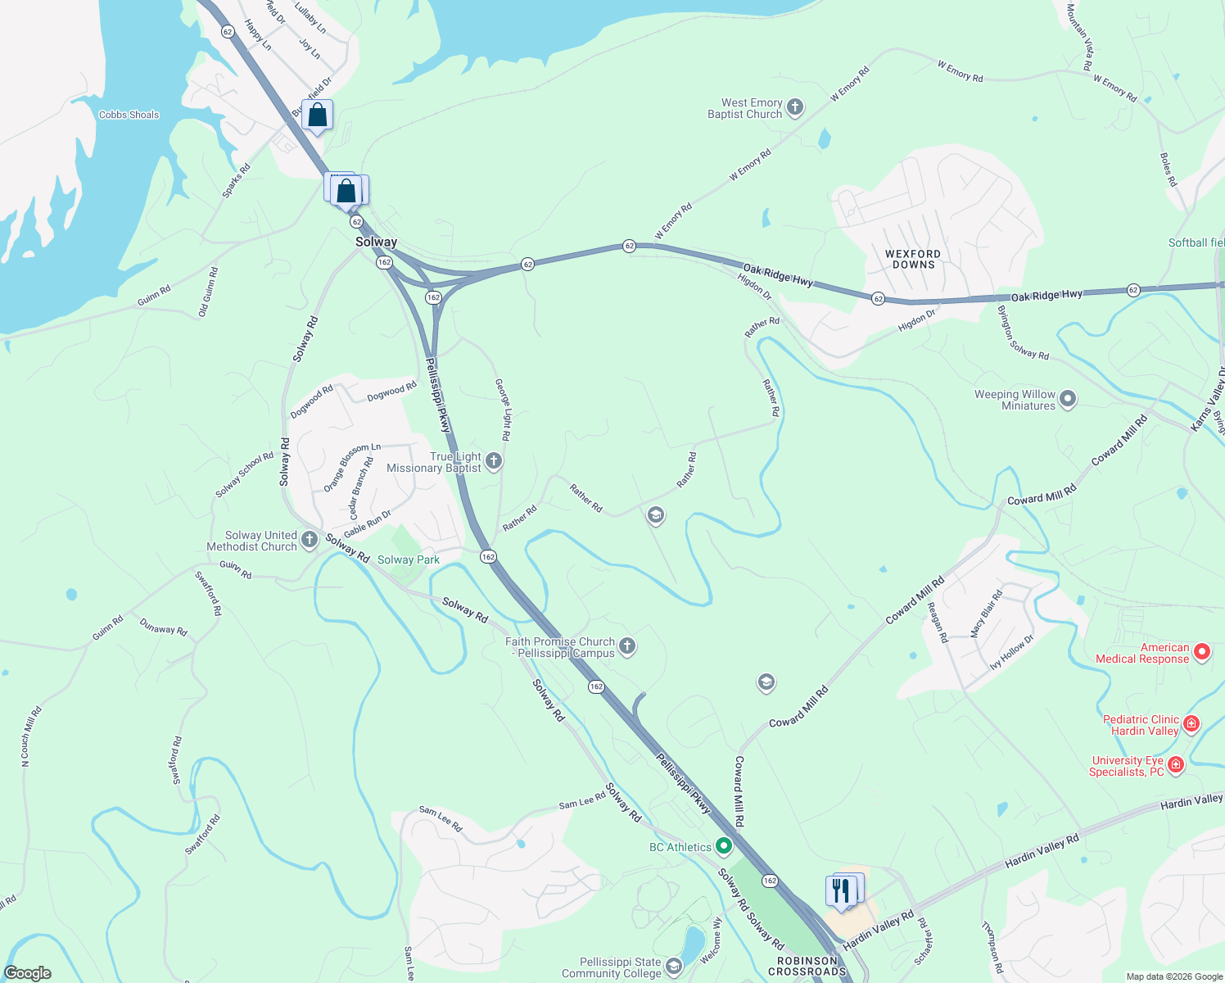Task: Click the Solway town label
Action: [376, 242]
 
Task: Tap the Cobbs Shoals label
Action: [129, 115]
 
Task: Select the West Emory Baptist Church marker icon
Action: [795, 107]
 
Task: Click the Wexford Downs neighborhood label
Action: [913, 260]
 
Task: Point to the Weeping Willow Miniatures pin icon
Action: [1068, 400]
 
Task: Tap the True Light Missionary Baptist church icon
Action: [494, 461]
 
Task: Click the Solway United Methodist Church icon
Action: [310, 539]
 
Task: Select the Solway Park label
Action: [409, 560]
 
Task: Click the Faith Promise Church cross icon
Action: [627, 646]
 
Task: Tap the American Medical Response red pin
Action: [1202, 652]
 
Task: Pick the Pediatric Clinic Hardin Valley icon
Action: [1191, 724]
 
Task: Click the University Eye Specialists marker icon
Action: [1176, 765]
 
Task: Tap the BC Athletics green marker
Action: [724, 845]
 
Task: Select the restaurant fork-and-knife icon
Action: [841, 890]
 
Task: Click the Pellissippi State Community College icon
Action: [673, 967]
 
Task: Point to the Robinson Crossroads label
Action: [807, 967]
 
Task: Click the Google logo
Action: [27, 973]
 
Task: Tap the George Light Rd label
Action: [503, 410]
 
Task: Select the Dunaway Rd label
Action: [164, 627]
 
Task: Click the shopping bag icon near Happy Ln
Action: [317, 116]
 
